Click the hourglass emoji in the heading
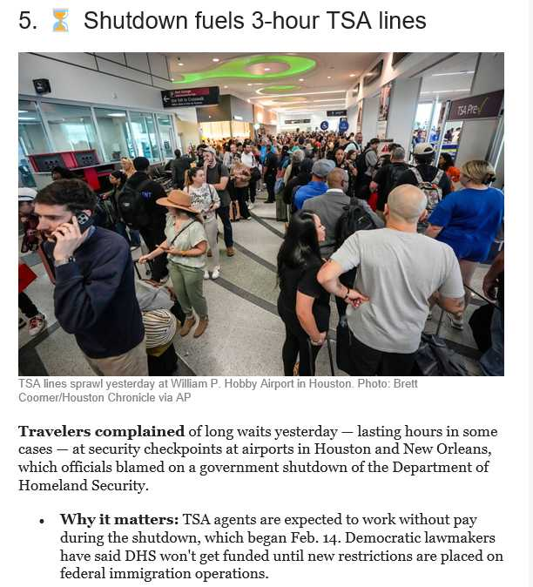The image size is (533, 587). [x=60, y=20]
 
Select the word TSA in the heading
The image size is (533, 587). [x=347, y=21]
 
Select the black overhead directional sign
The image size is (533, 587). [x=191, y=97]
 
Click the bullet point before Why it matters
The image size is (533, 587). [x=42, y=521]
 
